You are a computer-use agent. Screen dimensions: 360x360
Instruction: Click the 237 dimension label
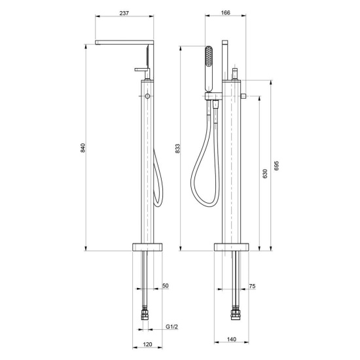(124, 13)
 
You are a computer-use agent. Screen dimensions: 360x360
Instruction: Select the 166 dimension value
(225, 12)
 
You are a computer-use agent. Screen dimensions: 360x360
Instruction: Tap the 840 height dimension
(83, 148)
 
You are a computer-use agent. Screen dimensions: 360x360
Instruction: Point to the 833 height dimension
(177, 149)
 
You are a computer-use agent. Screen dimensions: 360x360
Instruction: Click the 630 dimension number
(265, 173)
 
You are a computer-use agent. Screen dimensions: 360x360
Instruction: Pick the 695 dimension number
(276, 166)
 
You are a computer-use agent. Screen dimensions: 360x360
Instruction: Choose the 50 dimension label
(166, 285)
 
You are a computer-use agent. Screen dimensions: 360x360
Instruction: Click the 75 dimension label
(252, 286)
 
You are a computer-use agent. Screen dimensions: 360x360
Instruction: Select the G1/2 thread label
(171, 327)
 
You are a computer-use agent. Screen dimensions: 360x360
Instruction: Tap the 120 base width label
(147, 344)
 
